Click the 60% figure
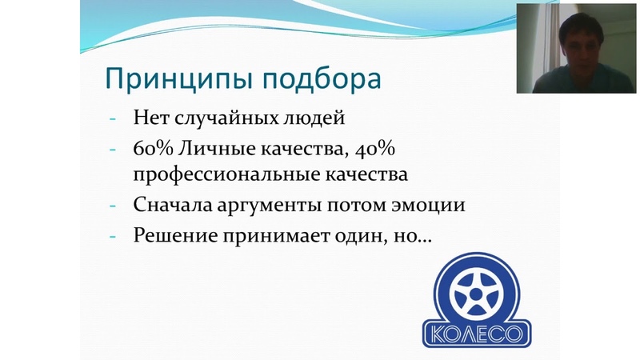coord(154,149)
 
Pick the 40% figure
coord(375,149)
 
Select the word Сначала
coord(173,205)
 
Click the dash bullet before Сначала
coord(113,206)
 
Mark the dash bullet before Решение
coord(113,237)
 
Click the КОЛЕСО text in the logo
coord(477,334)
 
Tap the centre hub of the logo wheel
coord(475,294)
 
